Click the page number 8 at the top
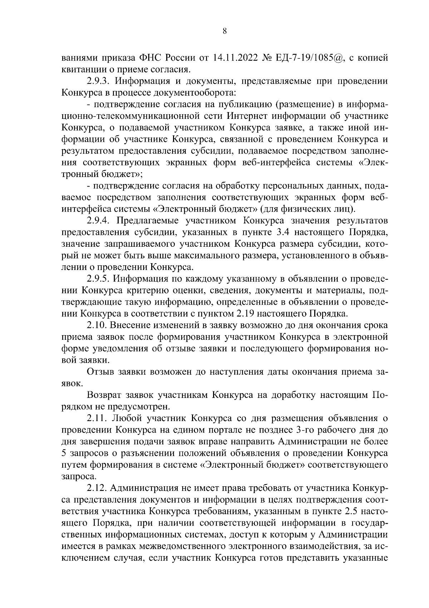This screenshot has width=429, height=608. coord(225,31)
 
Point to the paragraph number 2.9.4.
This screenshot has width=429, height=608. coord(99,221)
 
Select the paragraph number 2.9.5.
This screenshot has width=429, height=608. coord(99,279)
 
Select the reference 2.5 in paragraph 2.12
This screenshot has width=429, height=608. coord(359,511)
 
